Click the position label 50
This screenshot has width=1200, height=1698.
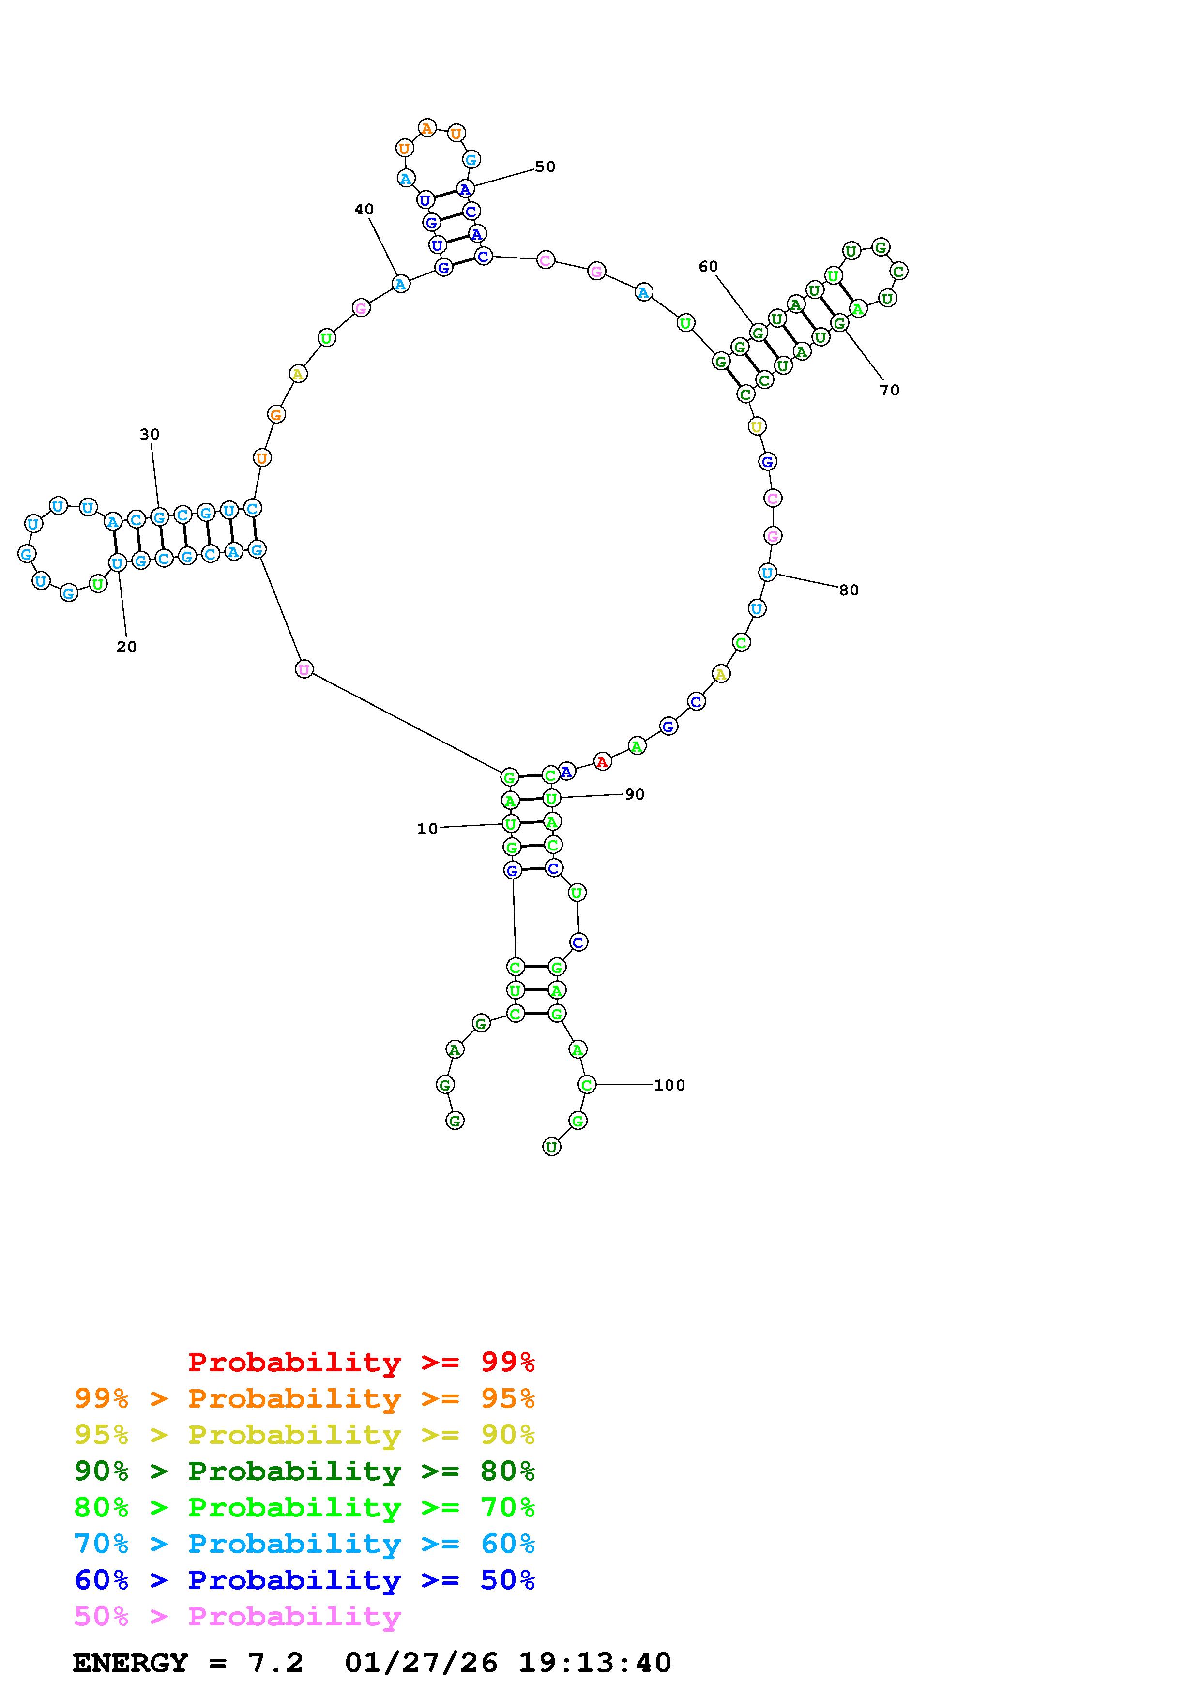(x=545, y=167)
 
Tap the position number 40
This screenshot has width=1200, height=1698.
(x=364, y=209)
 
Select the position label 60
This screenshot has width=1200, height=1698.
(x=708, y=266)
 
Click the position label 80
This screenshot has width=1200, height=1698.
(x=849, y=590)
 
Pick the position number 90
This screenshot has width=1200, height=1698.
(x=635, y=794)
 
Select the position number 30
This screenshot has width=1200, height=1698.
(x=150, y=434)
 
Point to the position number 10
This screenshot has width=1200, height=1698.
(x=427, y=829)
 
